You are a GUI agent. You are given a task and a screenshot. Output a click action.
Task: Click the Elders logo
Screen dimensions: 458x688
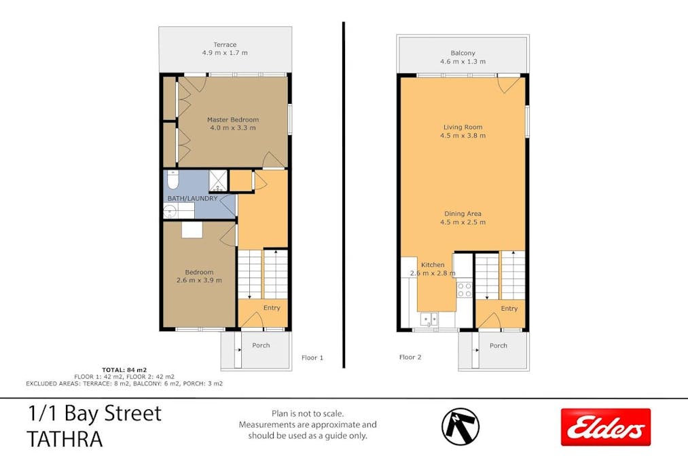pyautogui.click(x=605, y=427)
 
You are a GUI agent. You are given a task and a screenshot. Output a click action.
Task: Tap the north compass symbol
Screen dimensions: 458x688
pyautogui.click(x=460, y=426)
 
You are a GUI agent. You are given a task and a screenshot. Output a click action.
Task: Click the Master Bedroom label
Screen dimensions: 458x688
pyautogui.click(x=233, y=120)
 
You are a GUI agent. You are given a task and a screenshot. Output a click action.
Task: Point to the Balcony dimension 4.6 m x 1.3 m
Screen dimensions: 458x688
pyautogui.click(x=463, y=62)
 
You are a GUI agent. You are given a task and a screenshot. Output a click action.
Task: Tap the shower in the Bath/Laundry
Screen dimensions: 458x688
pyautogui.click(x=218, y=180)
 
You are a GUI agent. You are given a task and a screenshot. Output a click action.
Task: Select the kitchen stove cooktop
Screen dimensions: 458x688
pyautogui.click(x=465, y=290)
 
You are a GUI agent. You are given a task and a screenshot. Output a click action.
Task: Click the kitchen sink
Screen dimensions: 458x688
pyautogui.click(x=429, y=319)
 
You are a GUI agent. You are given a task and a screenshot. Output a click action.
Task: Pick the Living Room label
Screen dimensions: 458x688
pyautogui.click(x=463, y=127)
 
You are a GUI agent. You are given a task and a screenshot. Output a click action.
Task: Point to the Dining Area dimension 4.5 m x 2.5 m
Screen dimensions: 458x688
pyautogui.click(x=463, y=222)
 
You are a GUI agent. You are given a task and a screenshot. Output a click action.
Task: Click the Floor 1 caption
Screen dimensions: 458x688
pyautogui.click(x=312, y=358)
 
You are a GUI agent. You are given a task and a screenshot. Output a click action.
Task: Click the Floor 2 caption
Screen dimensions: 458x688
pyautogui.click(x=410, y=357)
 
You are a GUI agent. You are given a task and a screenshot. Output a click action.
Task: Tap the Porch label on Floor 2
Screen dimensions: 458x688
pyautogui.click(x=499, y=345)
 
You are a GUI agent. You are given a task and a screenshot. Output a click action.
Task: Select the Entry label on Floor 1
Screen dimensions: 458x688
pyautogui.click(x=272, y=308)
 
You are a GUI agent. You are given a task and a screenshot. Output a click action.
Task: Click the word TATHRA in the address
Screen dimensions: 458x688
pyautogui.click(x=65, y=439)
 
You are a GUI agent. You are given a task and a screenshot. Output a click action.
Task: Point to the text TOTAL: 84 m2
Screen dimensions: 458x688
pyautogui.click(x=124, y=369)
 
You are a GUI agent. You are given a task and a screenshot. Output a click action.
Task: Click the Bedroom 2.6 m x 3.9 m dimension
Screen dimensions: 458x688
pyautogui.click(x=200, y=280)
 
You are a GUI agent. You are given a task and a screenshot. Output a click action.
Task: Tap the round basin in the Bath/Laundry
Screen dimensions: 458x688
pyautogui.click(x=169, y=211)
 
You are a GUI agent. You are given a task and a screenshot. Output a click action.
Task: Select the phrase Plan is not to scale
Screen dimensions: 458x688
pyautogui.click(x=307, y=413)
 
